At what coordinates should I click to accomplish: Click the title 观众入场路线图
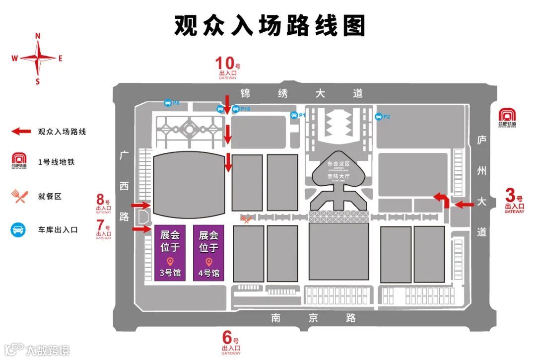[269, 25]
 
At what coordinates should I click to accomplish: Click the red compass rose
[38, 58]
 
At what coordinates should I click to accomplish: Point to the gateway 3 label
[514, 200]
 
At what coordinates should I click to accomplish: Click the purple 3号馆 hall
[170, 253]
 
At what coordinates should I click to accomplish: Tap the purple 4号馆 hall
[208, 253]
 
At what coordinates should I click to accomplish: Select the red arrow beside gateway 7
[141, 229]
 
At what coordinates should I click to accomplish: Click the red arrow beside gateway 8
[141, 205]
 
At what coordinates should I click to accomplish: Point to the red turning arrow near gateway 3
[441, 200]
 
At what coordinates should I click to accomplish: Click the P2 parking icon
[379, 117]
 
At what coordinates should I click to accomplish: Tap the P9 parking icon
[168, 103]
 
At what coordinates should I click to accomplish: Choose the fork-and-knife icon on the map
[246, 218]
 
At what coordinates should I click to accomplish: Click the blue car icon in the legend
[19, 230]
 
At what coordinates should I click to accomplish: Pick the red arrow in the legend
[21, 132]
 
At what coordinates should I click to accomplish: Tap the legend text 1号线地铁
[56, 162]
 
